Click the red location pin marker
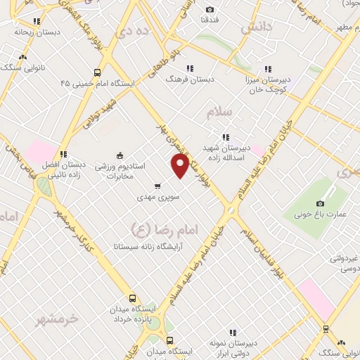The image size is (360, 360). [181, 165]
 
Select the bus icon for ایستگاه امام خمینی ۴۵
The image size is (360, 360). [97, 72]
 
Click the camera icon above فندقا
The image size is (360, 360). [210, 9]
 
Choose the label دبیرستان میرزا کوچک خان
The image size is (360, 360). [267, 85]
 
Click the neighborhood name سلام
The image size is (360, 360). [219, 112]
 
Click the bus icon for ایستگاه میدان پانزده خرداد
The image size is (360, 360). [131, 298]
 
